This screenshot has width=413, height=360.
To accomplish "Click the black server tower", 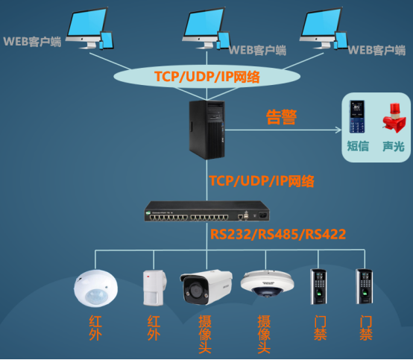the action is [x=207, y=130].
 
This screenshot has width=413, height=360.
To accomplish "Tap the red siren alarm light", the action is [x=394, y=118].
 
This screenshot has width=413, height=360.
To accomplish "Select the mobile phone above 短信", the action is [x=357, y=117].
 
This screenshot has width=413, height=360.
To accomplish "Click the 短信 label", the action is [x=358, y=146].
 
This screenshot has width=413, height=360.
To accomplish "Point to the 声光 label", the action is [x=394, y=146].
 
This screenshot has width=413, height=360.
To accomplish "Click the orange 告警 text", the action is [x=281, y=117].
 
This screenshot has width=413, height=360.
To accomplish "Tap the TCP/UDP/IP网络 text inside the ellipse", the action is [x=207, y=77].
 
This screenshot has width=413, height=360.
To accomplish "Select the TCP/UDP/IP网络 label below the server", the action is [x=262, y=181].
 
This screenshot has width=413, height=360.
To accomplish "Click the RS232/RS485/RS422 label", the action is [x=278, y=234].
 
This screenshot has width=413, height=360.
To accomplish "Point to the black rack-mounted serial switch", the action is [x=207, y=211].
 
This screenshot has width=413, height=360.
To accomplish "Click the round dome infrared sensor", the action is [x=95, y=288].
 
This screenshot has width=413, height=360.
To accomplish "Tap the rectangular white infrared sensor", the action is [x=154, y=288].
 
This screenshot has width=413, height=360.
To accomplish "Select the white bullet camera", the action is [x=206, y=287].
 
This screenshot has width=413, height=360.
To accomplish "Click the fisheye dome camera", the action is [x=268, y=284].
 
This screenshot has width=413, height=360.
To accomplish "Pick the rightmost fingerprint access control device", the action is [x=364, y=286].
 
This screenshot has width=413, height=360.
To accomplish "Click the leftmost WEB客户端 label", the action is [x=32, y=42].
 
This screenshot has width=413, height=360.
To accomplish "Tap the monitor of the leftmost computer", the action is [x=87, y=25].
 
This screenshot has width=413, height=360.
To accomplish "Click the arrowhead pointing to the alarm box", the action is [x=338, y=130].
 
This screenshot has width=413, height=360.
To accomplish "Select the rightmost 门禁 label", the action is [x=366, y=328].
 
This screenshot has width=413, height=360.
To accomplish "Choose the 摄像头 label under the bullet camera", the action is [x=205, y=334].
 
